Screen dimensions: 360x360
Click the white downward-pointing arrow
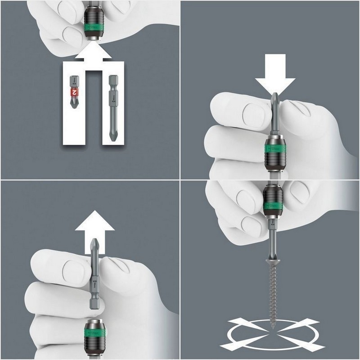(x=275, y=74)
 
